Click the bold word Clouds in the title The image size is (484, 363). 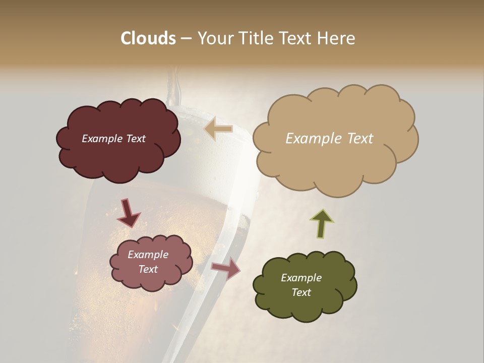pos(148,38)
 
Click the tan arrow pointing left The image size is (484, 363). pos(218,129)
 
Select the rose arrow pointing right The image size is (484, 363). pos(226,268)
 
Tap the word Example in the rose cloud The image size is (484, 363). pos(148,255)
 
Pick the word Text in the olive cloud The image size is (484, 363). pos(301,292)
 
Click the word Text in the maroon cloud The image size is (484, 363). pos(135,139)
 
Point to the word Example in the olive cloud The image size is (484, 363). pos(301,278)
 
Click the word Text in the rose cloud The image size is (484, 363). pos(148,269)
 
